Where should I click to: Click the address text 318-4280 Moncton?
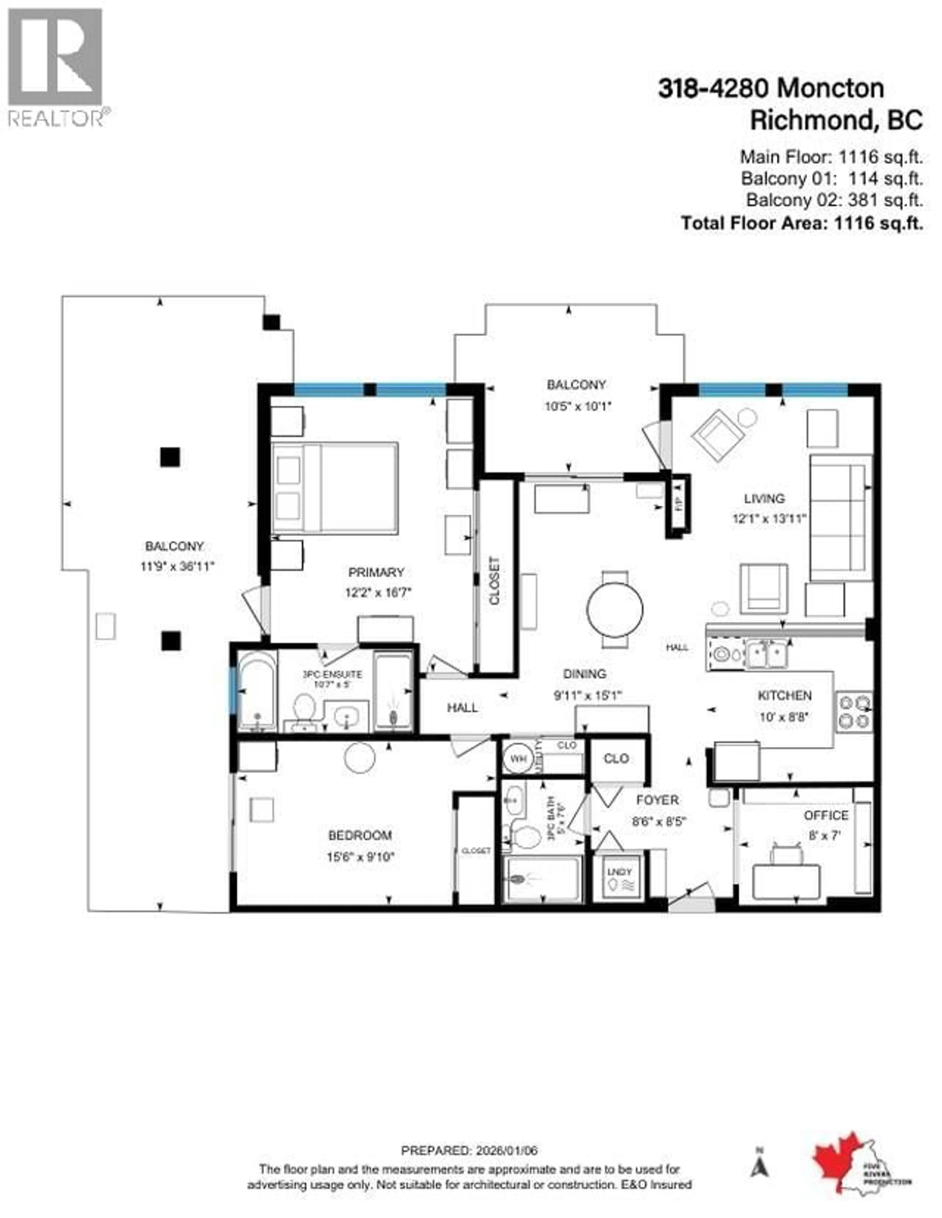tap(771, 89)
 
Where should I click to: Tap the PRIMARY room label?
tap(376, 572)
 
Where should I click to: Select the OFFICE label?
tap(825, 815)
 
